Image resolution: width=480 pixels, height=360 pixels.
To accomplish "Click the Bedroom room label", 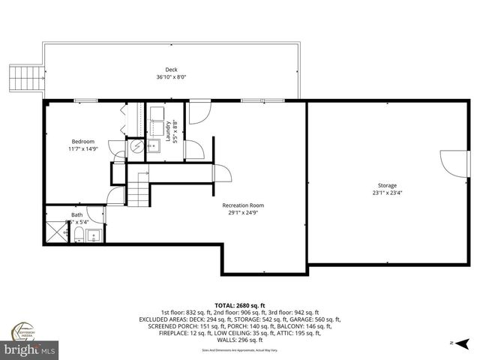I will [82, 142].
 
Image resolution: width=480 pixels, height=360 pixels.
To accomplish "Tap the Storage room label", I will [387, 185].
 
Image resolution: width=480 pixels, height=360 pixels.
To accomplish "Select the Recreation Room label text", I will [242, 205].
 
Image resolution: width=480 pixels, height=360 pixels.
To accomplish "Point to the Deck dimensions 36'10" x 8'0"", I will [171, 76].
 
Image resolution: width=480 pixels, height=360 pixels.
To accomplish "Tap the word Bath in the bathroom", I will [77, 215].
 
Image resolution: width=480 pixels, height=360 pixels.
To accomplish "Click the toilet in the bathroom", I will [79, 236].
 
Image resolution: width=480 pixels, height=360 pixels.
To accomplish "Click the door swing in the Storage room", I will [448, 161].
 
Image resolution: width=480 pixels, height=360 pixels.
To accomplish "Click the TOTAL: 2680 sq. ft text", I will [239, 306].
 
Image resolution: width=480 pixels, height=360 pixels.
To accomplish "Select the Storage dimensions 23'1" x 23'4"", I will [387, 193].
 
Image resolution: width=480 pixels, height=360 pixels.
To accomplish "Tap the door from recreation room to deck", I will [198, 112].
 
